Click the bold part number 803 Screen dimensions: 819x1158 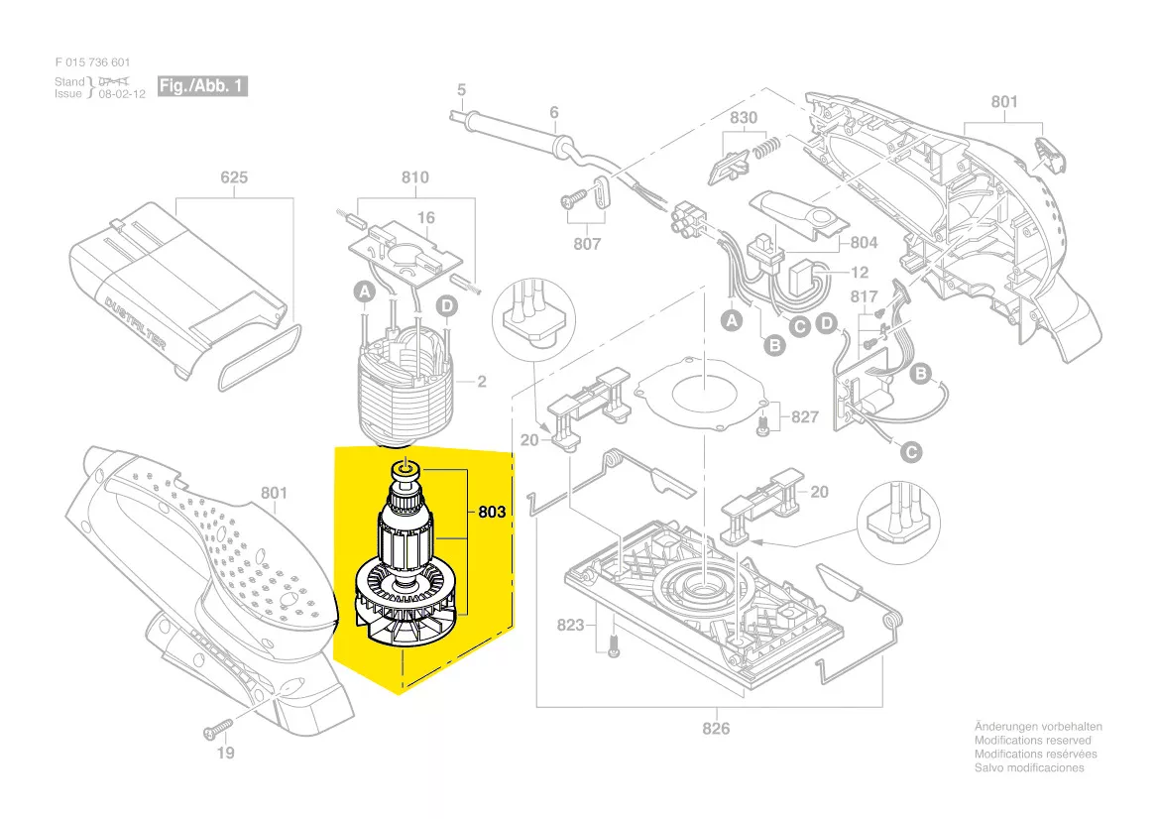pos(492,513)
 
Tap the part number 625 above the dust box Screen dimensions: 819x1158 pos(234,178)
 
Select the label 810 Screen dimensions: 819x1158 pos(414,177)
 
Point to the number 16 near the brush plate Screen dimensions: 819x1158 pos(425,218)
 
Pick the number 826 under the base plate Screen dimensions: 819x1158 pos(716,729)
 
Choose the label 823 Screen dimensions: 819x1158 pos(571,626)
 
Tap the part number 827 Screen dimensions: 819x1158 pos(805,417)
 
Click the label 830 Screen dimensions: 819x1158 pos(744,118)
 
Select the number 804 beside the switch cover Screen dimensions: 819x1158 pos(865,242)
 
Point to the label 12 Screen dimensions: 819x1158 pos(860,273)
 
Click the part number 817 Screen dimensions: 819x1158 pos(865,297)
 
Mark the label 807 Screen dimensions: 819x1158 pos(588,244)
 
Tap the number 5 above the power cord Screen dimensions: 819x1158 pos(461,90)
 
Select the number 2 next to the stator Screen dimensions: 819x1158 pos(482,382)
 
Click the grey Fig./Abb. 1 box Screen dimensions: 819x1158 pos(202,86)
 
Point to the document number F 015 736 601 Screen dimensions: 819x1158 pos(93,62)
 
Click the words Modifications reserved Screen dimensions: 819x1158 pos(1032,741)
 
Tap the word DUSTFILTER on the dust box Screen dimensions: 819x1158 pos(136,319)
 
